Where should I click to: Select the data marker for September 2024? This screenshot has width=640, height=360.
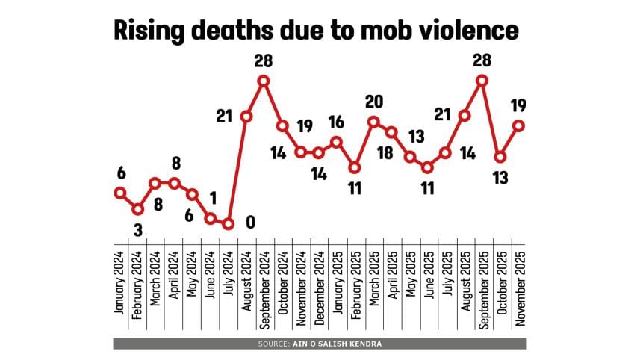264,81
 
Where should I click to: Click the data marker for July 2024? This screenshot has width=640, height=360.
229,223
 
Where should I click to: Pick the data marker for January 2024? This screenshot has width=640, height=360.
119,193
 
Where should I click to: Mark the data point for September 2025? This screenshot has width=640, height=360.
482,81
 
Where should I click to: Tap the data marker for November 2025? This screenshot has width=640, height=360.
518,125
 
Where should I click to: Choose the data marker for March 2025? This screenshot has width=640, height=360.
373,122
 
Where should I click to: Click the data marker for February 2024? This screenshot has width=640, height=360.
137,208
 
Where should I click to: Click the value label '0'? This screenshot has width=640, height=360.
250,222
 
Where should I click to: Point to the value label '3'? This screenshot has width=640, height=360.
137,228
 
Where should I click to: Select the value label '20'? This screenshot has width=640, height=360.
373,102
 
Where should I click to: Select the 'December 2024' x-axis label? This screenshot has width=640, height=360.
319,280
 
